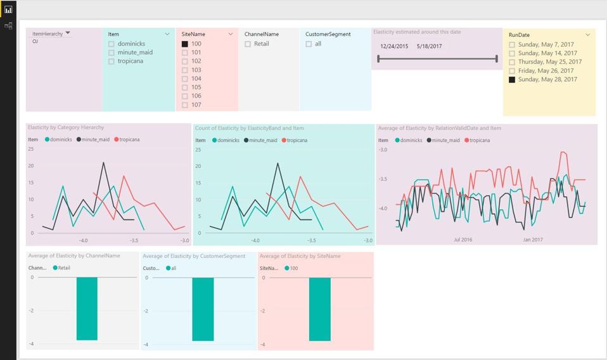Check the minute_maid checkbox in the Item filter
112,53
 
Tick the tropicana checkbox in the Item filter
112,61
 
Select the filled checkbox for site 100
185,44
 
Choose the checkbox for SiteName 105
185,87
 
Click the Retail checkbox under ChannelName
248,44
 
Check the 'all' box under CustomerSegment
309,44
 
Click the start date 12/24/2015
394,46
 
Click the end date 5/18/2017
430,46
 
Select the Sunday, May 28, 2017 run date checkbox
512,80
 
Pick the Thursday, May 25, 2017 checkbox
512,62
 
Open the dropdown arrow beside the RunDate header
588,35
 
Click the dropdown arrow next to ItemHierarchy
68,33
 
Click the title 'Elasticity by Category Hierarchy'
66,127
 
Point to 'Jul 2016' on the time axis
463,240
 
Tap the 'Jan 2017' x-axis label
533,240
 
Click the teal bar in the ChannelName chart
87,309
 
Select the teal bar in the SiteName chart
320,309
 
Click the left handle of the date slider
378,59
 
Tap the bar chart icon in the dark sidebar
8,10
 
